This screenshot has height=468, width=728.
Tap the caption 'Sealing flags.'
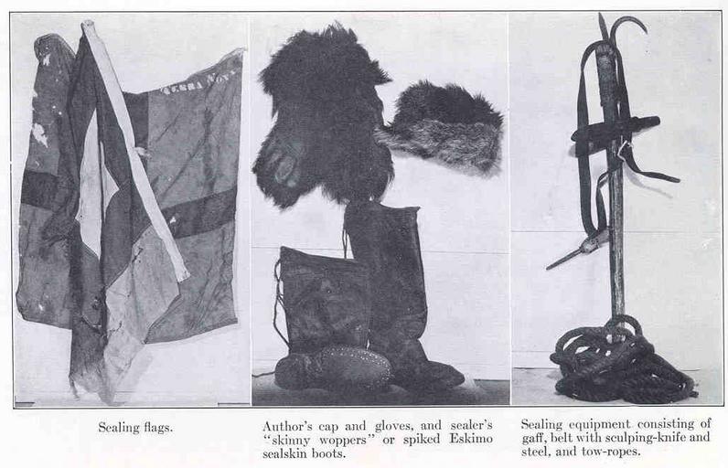coord(135,427)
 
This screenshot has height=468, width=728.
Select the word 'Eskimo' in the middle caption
coord(471,439)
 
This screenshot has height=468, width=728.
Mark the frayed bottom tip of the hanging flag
coord(108,399)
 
